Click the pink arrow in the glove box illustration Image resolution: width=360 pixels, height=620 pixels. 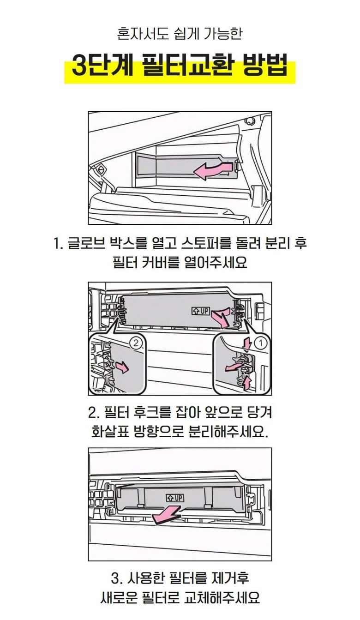point(212,171)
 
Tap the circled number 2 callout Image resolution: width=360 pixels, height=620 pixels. point(136,343)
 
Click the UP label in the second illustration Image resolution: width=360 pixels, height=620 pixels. point(200,311)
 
